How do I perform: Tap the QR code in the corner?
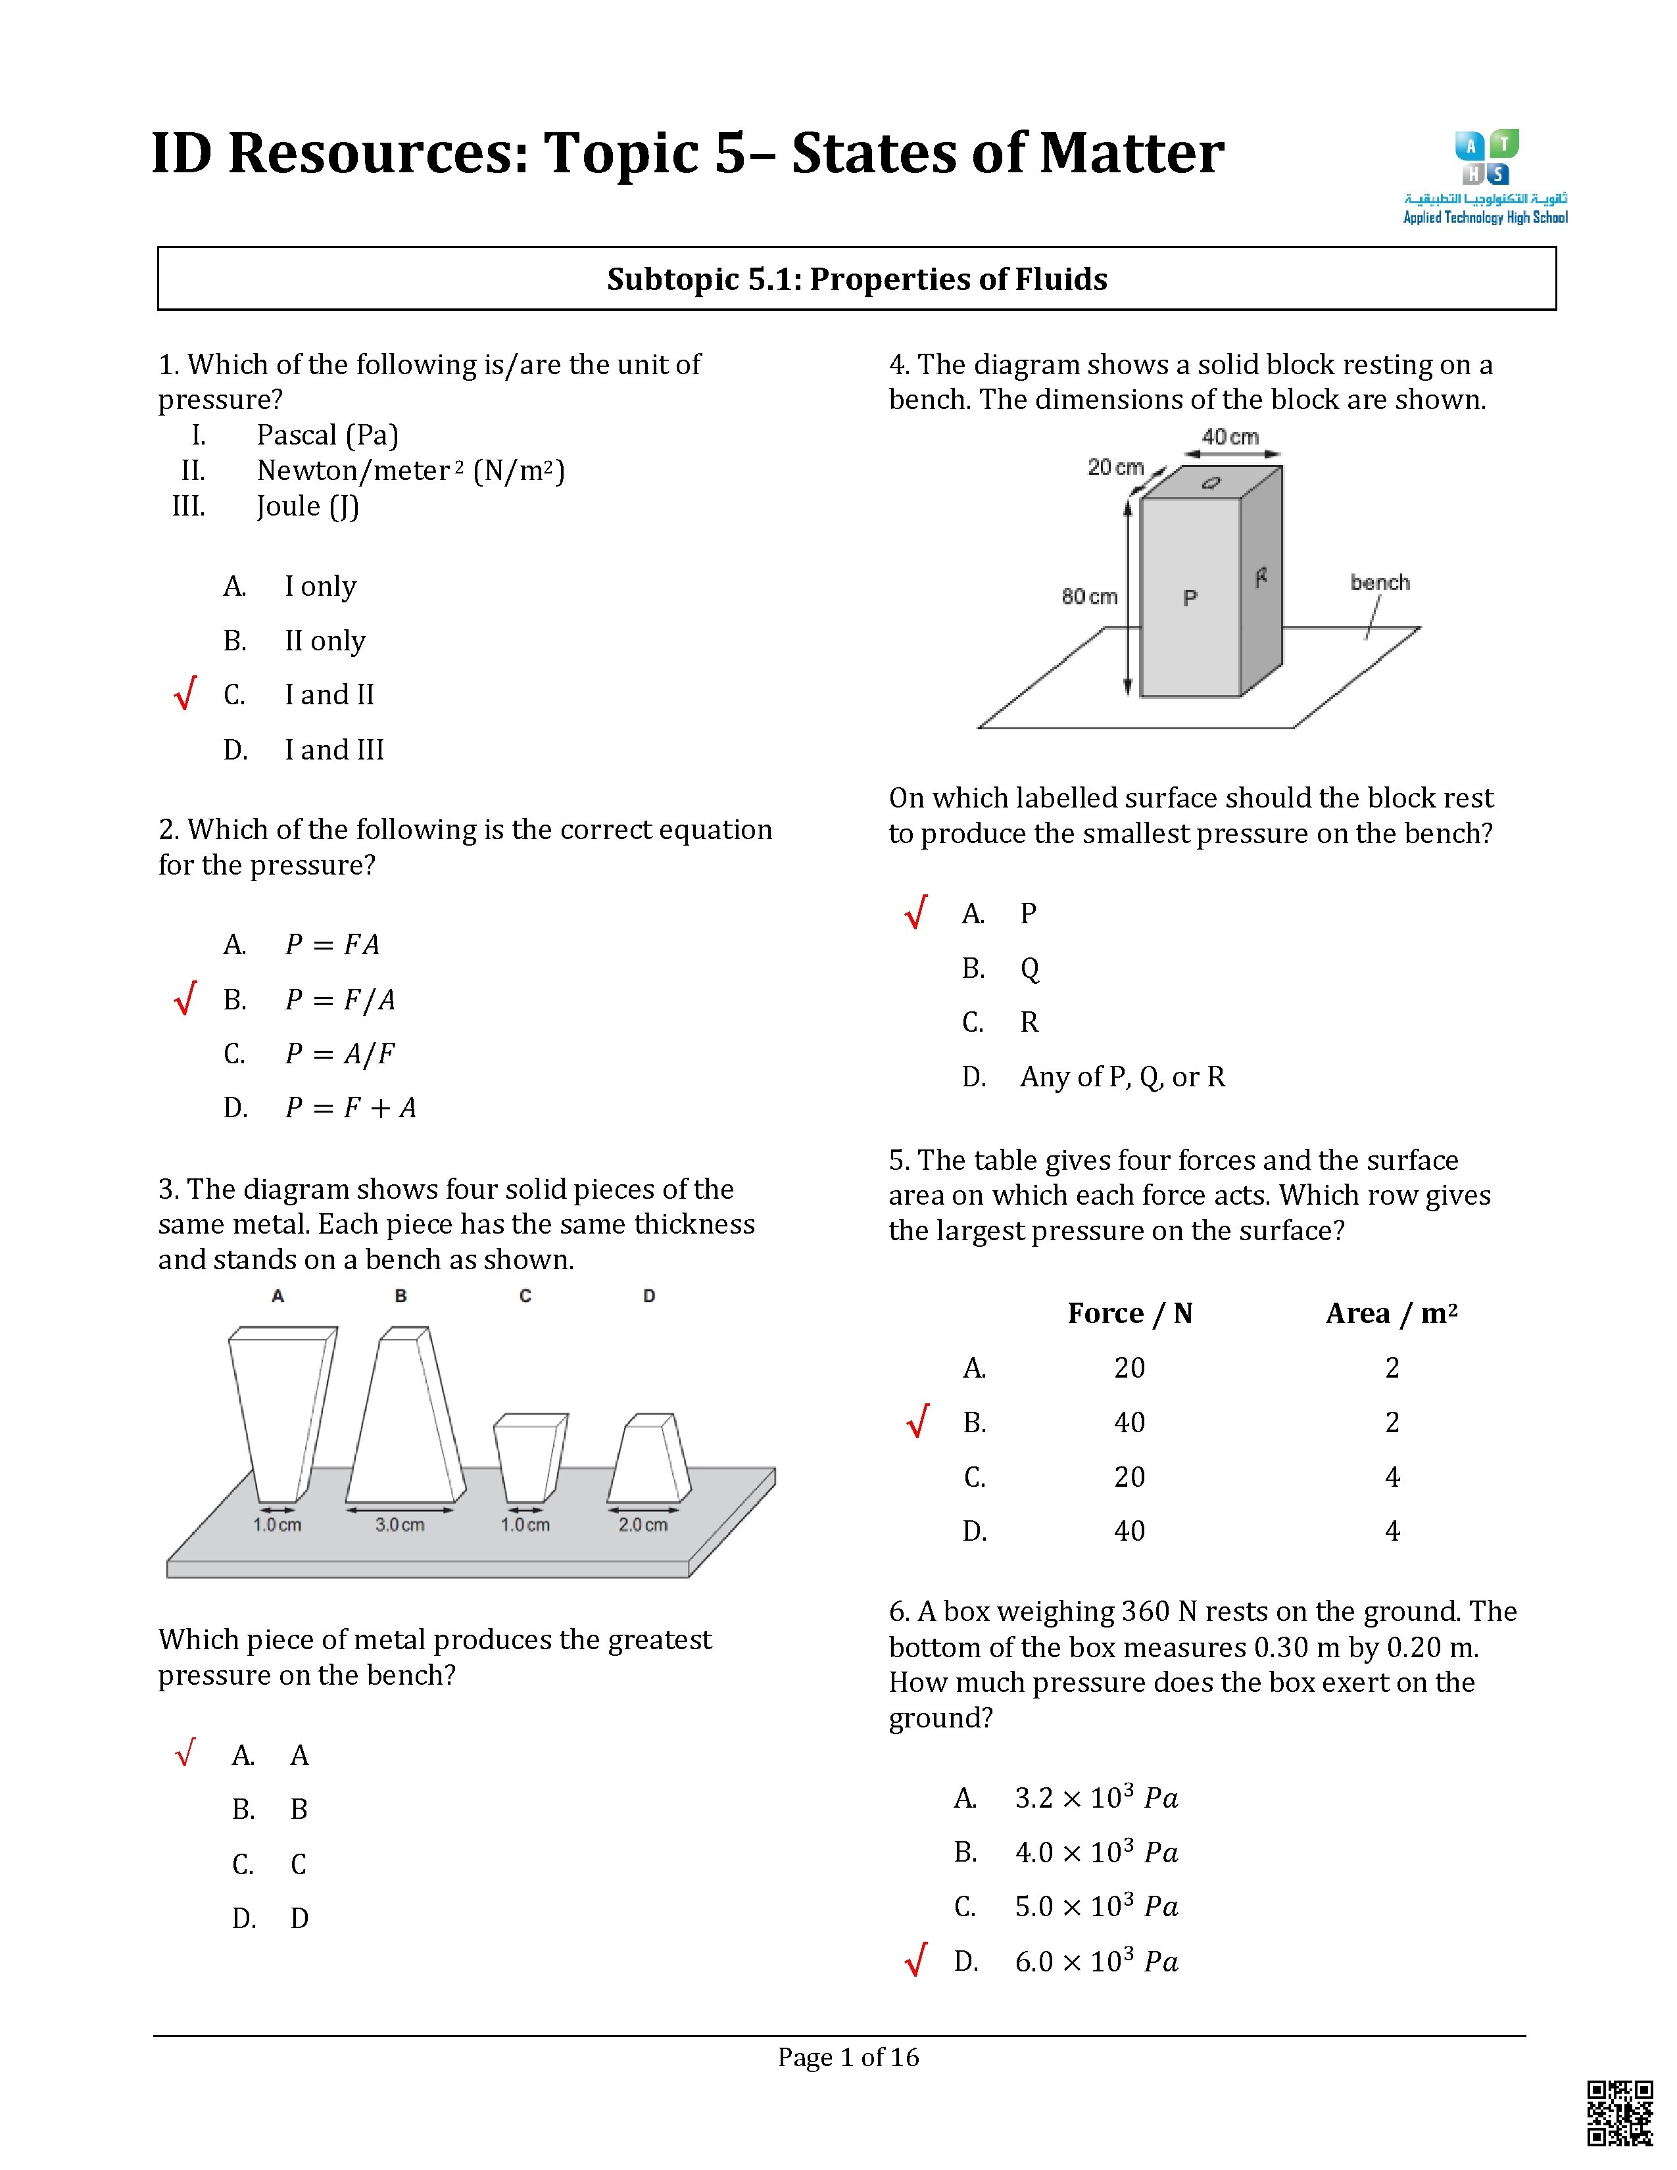tap(1619, 2112)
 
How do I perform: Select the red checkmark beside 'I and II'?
tap(185, 694)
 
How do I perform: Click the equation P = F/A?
tap(340, 1000)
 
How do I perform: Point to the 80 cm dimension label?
tap(1089, 597)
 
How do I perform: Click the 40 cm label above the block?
tap(1230, 437)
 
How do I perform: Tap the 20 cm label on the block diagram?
tap(1115, 467)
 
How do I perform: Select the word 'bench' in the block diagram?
tap(1379, 582)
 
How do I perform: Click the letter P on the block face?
tap(1190, 598)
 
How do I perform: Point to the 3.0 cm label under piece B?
tap(399, 1524)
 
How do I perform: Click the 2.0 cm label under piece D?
tap(643, 1524)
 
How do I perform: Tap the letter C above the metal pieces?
tap(525, 1295)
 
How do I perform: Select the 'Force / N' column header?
tap(1130, 1314)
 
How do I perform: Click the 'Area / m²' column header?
tap(1391, 1314)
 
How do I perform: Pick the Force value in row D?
tap(1130, 1531)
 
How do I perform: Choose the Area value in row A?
tap(1392, 1368)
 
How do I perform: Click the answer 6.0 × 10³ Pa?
tap(1096, 1962)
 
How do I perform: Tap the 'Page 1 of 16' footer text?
tap(848, 2057)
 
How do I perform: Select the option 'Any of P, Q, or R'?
tap(1122, 1077)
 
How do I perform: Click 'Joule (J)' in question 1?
tap(307, 507)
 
